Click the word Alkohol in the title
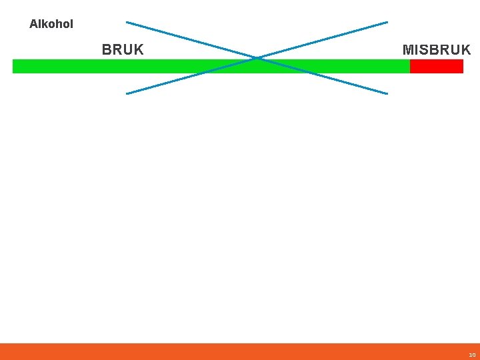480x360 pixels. point(51,24)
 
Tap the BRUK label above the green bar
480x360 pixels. point(123,50)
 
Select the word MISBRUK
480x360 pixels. point(437,50)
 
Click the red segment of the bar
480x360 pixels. point(436,66)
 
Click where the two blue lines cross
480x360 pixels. point(257,58)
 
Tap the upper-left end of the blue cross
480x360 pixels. point(127,22)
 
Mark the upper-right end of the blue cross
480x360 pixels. point(387,22)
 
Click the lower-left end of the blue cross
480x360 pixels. point(127,93)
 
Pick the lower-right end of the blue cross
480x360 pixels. point(387,93)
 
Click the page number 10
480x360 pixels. point(472,355)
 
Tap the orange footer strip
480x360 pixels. point(240,351)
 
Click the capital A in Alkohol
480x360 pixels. point(33,24)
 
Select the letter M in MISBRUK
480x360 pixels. point(407,50)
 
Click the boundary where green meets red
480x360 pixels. point(410,66)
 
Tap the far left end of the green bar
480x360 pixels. point(14,66)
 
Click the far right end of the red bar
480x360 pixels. point(462,66)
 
